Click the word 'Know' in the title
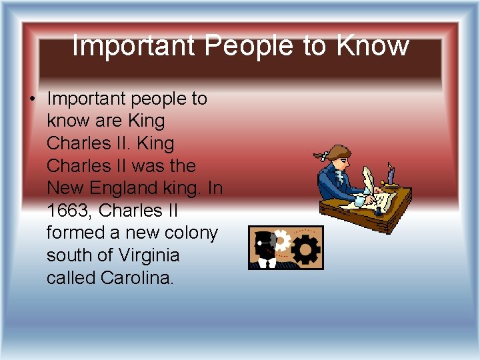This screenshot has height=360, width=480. click(x=373, y=46)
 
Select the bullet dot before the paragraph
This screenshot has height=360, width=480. click(x=31, y=99)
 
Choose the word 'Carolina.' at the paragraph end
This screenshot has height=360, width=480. click(x=137, y=278)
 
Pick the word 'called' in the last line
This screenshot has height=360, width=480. click(x=71, y=278)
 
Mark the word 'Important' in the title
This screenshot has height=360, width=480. click(x=133, y=46)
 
